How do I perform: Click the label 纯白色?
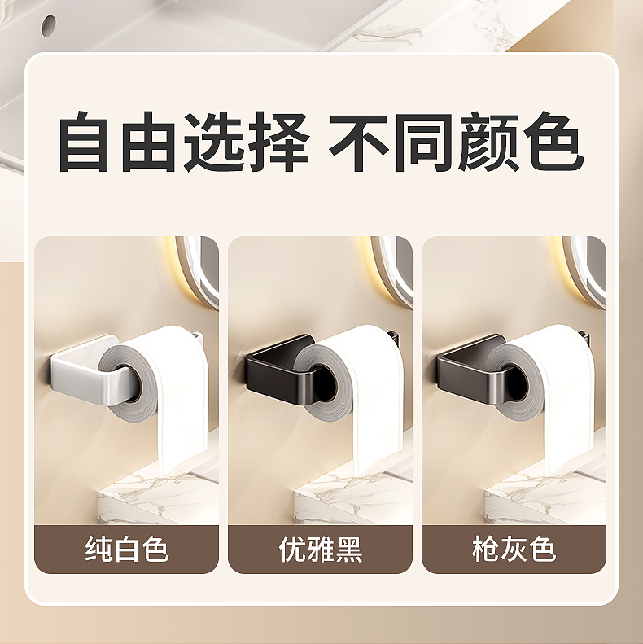[x=127, y=550]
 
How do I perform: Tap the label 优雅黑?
[x=320, y=550]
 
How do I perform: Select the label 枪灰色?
[x=514, y=550]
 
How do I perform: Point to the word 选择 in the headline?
[x=246, y=143]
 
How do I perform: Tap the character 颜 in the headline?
[x=488, y=143]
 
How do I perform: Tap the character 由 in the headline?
[x=150, y=143]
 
